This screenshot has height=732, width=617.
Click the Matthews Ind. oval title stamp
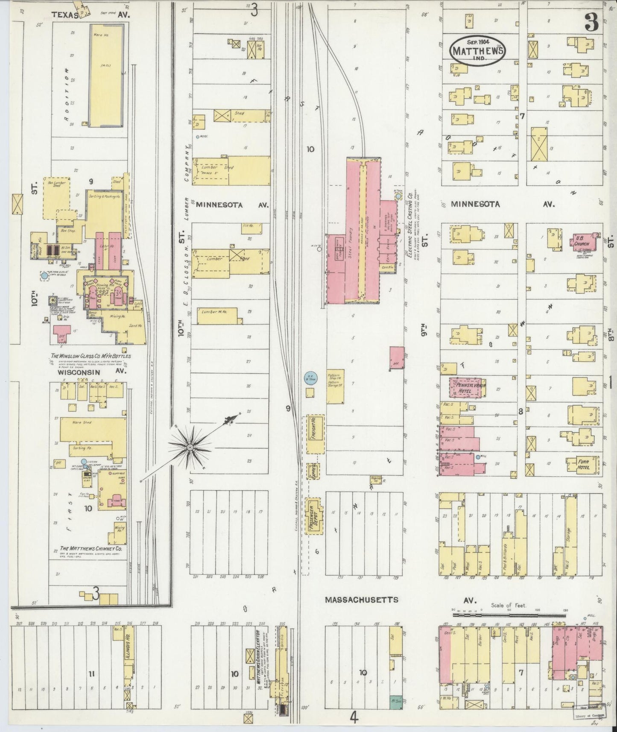tap(477, 50)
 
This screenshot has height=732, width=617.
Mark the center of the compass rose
tap(190, 447)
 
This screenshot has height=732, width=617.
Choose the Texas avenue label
tap(65, 15)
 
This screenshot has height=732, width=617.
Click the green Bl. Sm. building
tap(396, 700)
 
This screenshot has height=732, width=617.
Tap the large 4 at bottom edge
tap(353, 717)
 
